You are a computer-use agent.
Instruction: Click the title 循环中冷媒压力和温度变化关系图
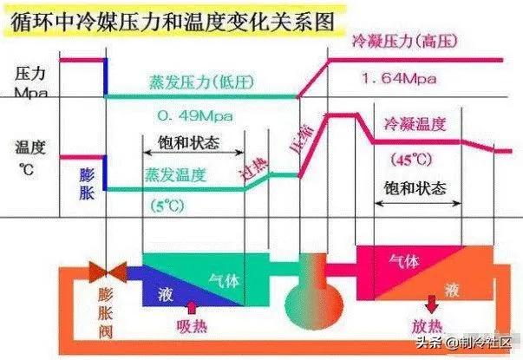pos(173,22)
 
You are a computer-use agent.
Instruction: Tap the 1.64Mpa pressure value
pos(399,79)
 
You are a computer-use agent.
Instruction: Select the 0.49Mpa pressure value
pos(195,115)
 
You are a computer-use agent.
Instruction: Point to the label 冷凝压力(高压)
pos(405,42)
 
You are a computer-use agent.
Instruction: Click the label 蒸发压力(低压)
pos(201,82)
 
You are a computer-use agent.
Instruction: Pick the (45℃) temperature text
pos(412,160)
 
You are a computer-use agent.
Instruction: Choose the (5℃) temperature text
pos(167,206)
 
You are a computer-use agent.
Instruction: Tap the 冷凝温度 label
pos(415,124)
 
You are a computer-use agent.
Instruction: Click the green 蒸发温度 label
pos(176,175)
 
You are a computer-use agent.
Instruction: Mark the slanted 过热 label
pos(254,169)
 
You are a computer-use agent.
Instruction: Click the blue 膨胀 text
pos(87,184)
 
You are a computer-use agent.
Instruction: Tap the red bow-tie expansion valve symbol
pos(108,272)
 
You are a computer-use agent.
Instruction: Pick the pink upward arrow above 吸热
pos(192,308)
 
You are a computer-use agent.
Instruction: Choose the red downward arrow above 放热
pos(432,304)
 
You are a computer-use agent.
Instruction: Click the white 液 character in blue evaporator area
pos(166,295)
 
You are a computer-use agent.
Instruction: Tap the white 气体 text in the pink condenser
pos(404,261)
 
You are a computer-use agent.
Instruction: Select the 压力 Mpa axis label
pos(30,82)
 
